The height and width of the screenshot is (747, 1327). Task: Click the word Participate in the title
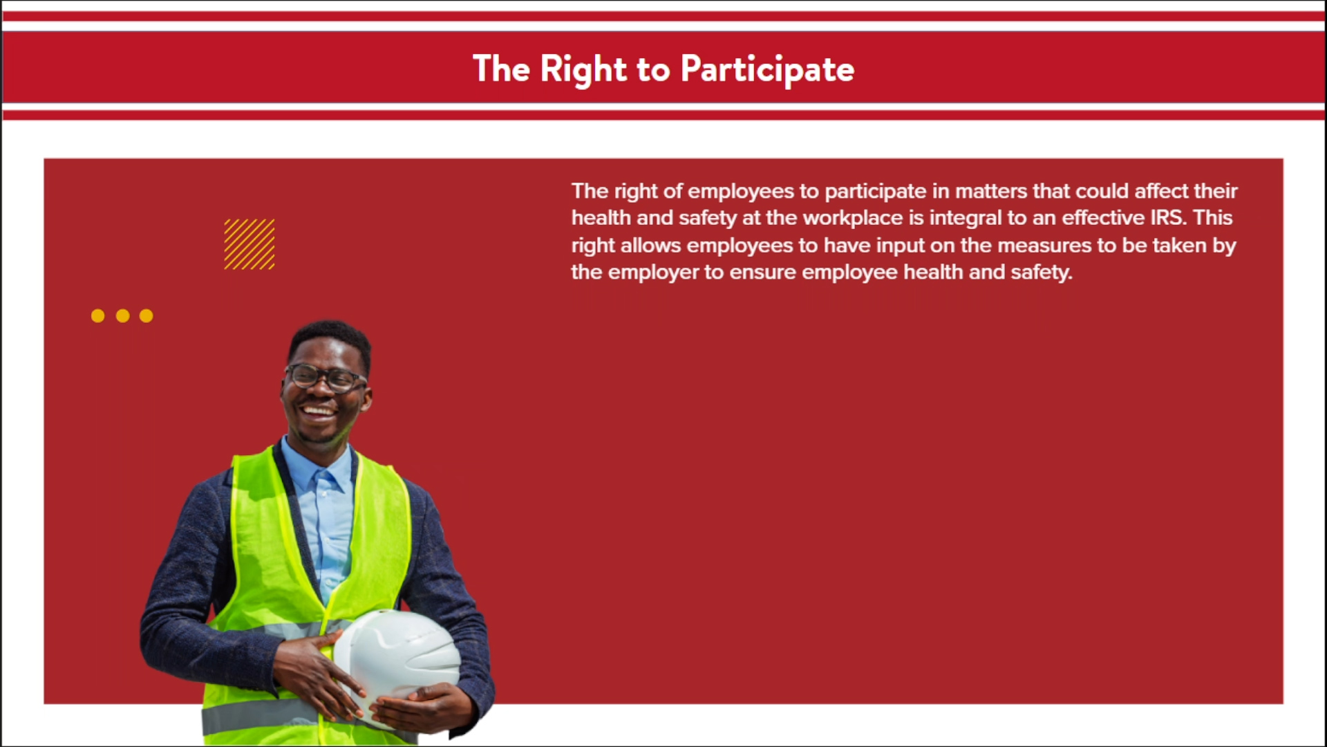pos(767,69)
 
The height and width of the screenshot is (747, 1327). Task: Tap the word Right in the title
pos(583,69)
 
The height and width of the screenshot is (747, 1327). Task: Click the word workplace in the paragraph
pos(853,218)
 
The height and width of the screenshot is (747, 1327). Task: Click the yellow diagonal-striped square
pos(250,244)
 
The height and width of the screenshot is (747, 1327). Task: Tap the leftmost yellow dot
pos(98,316)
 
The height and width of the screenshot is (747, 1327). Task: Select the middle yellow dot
pos(123,316)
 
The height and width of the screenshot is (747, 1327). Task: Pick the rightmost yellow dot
pos(147,316)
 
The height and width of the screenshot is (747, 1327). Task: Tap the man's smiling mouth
pos(319,412)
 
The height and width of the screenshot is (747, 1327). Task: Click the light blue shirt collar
pos(318,467)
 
